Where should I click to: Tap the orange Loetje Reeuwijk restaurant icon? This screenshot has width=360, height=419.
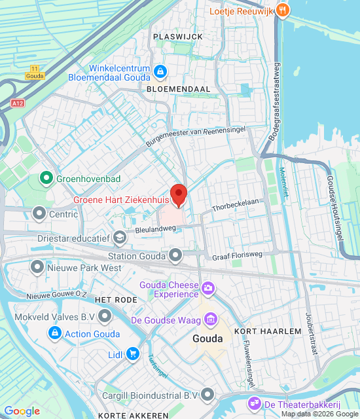click(283, 10)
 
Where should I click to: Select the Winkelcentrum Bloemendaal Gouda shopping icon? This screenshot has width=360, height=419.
click(160, 70)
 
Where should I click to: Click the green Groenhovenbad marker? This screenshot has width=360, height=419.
click(46, 177)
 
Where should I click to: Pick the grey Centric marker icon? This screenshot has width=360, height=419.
click(39, 213)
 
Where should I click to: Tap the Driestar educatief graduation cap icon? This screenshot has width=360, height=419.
click(119, 237)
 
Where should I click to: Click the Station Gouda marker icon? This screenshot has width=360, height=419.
click(175, 255)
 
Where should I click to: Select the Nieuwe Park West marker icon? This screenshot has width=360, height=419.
click(37, 267)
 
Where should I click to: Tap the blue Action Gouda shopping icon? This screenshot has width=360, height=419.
click(55, 334)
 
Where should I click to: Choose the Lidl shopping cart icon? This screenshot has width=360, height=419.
click(133, 354)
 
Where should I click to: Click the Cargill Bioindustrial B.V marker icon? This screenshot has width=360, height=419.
click(208, 394)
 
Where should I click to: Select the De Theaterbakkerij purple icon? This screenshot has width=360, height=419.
click(253, 403)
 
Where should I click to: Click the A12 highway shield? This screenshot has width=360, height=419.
click(17, 103)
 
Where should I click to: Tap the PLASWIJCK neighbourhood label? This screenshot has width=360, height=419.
click(177, 37)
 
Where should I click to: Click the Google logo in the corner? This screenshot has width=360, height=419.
click(22, 411)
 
